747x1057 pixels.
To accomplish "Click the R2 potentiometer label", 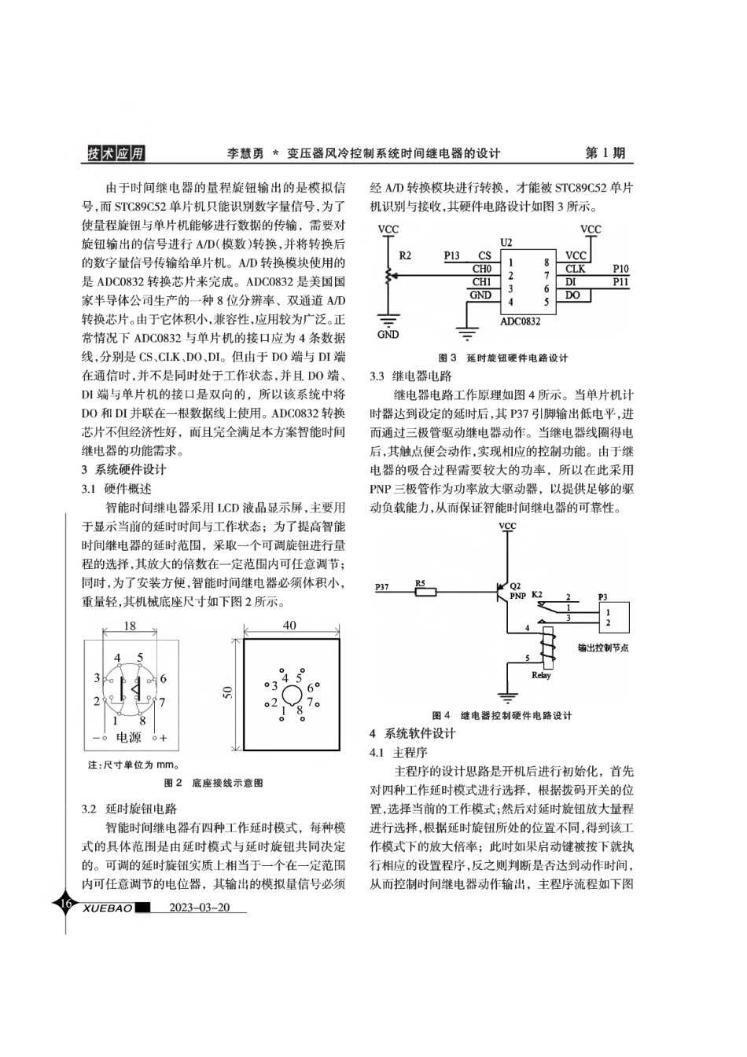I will (x=405, y=255).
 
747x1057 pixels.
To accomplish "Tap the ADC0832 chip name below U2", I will (x=521, y=320).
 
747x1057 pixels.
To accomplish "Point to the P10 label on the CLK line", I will (x=620, y=269).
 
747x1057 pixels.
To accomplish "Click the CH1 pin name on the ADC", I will (x=481, y=281).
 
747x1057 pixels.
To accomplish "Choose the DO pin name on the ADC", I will (x=572, y=295).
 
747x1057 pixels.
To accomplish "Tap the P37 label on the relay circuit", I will (x=381, y=586).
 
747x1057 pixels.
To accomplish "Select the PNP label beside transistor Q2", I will (x=517, y=596).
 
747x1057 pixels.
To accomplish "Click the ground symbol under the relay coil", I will (x=508, y=696).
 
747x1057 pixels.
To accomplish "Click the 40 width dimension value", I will (x=289, y=625).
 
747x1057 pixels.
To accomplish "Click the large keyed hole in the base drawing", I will (x=291, y=695).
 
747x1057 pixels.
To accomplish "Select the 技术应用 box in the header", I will (x=116, y=154).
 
